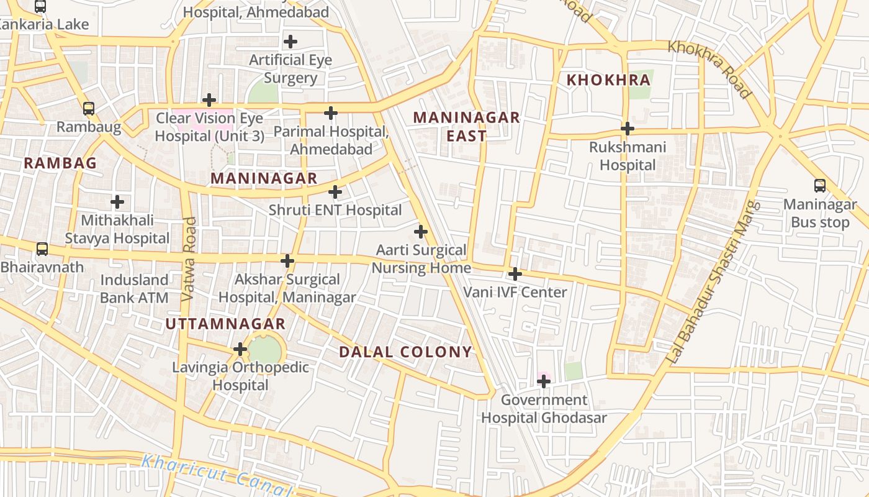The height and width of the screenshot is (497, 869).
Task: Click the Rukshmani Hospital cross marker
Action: click(628, 129)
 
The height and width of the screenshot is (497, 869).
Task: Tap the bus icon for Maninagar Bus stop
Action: click(819, 185)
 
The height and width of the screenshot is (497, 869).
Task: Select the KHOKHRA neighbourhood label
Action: click(608, 80)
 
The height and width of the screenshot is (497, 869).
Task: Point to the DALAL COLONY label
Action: click(405, 352)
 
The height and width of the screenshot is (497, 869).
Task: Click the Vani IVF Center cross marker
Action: click(515, 273)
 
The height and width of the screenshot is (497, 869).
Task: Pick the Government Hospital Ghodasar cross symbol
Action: click(543, 381)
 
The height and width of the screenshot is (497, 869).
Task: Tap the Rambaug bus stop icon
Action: click(89, 109)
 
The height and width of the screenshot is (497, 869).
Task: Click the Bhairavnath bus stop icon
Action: click(42, 249)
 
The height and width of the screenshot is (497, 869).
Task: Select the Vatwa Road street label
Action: click(189, 260)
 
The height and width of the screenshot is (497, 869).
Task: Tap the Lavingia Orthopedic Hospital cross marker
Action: click(240, 349)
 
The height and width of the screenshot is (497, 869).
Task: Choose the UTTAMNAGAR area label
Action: click(225, 324)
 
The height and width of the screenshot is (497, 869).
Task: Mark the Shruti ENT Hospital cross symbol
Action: click(335, 191)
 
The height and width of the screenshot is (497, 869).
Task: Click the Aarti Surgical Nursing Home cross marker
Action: click(421, 232)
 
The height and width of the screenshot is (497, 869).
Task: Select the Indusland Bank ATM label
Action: click(134, 289)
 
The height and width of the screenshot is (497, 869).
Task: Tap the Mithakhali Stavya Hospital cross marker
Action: click(117, 201)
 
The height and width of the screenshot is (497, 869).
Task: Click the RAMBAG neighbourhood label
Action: click(60, 163)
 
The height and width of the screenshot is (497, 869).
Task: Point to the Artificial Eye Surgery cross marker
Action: click(290, 42)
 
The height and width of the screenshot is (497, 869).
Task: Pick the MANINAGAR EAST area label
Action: click(467, 126)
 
